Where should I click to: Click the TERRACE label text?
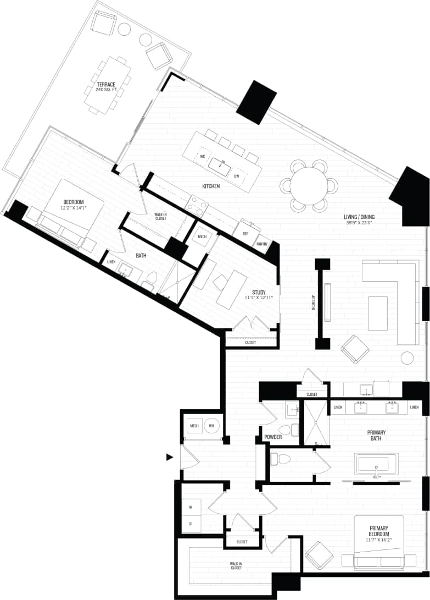106,84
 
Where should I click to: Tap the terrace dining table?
107,85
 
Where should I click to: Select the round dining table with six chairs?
309,186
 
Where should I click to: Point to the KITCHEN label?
211,186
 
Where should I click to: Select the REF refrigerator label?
245,233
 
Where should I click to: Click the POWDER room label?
272,437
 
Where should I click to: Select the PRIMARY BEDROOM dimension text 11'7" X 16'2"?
379,540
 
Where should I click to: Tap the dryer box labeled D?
191,524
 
